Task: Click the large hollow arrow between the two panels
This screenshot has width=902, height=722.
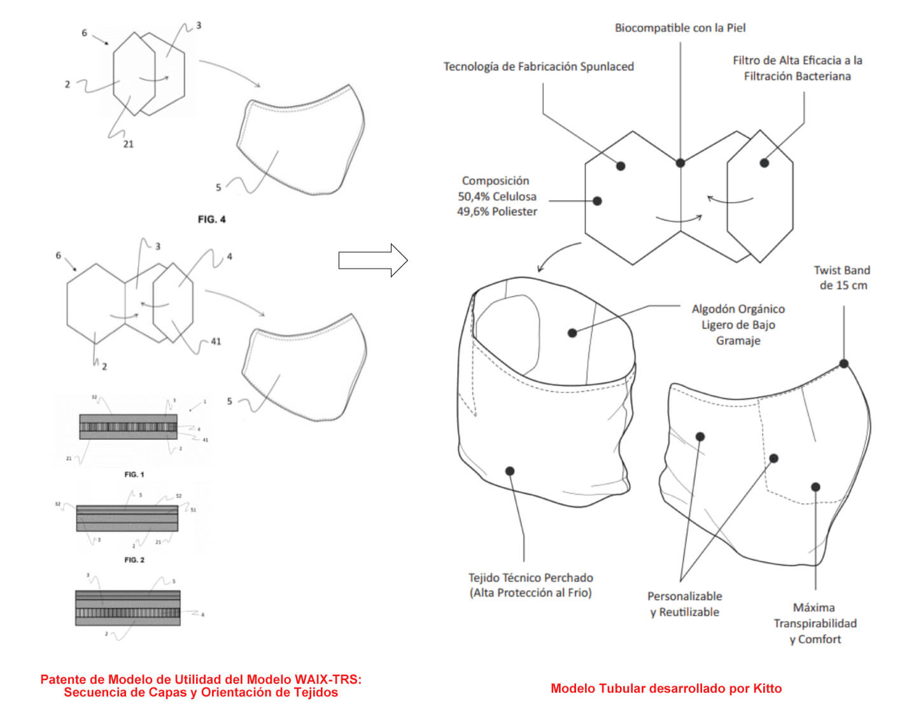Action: click(373, 260)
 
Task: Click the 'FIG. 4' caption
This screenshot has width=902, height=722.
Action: click(211, 220)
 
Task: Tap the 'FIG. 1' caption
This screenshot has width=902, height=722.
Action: click(134, 474)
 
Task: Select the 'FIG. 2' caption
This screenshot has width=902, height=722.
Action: click(134, 560)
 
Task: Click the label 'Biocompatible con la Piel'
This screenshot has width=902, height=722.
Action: click(680, 28)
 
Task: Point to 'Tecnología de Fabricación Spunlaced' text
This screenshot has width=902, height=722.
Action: click(539, 67)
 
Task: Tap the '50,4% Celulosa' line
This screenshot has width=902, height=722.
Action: click(497, 197)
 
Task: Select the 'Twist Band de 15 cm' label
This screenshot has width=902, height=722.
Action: click(842, 278)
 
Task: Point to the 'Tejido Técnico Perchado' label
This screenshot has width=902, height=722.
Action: click(530, 577)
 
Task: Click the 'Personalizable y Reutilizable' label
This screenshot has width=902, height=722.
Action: click(684, 604)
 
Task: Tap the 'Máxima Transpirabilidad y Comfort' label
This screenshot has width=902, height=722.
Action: click(815, 623)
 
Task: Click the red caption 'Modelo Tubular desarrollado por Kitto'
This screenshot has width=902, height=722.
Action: click(666, 688)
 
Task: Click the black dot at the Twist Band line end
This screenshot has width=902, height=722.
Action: click(843, 364)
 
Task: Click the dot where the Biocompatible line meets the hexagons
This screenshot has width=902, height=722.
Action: click(680, 163)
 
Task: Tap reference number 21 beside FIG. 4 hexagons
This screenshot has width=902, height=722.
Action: click(129, 145)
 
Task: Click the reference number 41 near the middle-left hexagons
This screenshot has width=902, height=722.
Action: click(216, 341)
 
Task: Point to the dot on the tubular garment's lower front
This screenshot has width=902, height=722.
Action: click(510, 471)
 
